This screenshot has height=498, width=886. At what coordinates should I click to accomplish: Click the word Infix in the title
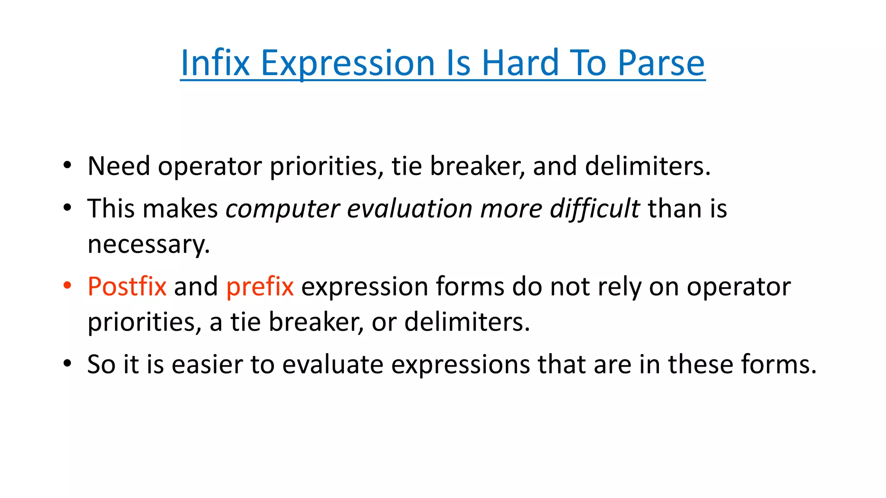click(215, 63)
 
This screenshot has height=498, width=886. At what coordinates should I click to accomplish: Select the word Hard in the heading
click(520, 63)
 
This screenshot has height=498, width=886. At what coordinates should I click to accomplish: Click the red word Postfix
click(127, 287)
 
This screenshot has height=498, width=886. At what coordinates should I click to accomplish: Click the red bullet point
click(67, 286)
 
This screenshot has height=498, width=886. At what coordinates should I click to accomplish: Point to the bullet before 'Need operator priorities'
click(67, 166)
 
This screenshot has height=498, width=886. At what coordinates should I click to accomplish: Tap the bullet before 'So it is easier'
click(67, 364)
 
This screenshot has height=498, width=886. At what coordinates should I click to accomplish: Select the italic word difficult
click(594, 209)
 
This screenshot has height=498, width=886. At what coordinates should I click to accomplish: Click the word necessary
click(148, 245)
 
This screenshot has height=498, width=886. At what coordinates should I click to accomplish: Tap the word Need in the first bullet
click(119, 166)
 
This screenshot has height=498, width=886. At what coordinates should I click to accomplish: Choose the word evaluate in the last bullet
click(333, 364)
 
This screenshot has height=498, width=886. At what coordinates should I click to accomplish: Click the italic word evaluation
click(409, 209)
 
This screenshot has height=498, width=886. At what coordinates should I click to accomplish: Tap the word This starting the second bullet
click(111, 209)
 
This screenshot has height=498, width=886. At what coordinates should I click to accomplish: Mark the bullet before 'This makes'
click(67, 208)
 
